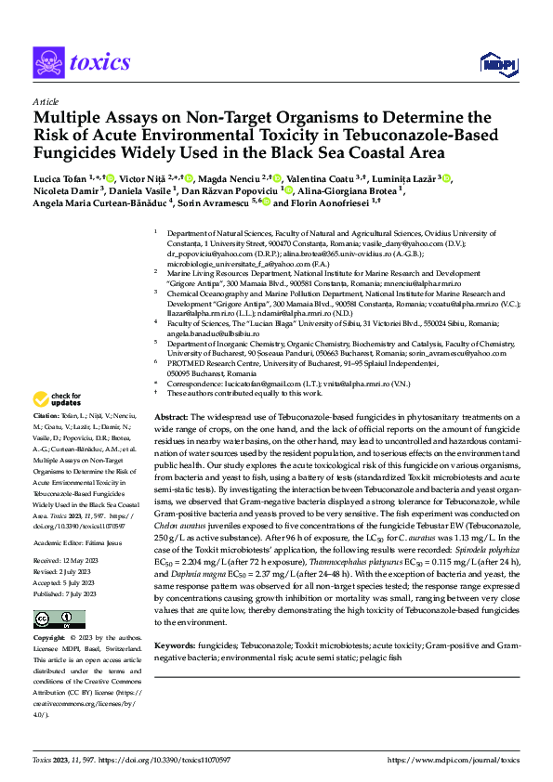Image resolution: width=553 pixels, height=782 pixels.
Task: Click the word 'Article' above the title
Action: click(46, 101)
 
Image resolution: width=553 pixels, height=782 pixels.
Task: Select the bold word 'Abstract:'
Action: click(171, 420)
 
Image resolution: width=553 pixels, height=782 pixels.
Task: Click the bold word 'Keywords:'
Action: click(175, 644)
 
